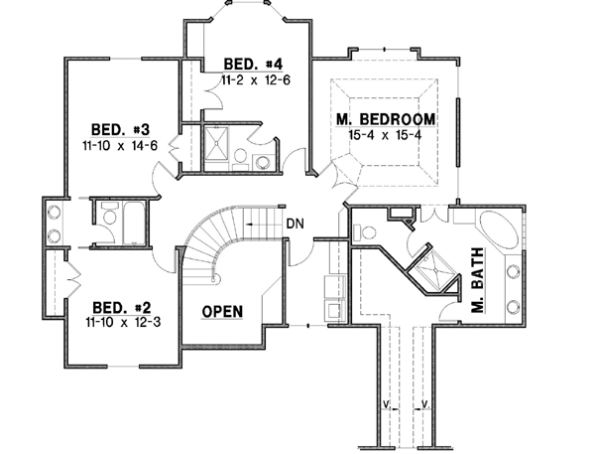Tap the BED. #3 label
[x=121, y=130]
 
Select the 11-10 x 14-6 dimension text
[x=121, y=146]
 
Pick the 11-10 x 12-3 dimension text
[x=120, y=322]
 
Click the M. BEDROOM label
[x=386, y=121]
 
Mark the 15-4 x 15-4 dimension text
[x=386, y=136]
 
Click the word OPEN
[x=222, y=312]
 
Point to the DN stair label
[x=294, y=224]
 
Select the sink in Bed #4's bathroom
[x=262, y=162]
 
